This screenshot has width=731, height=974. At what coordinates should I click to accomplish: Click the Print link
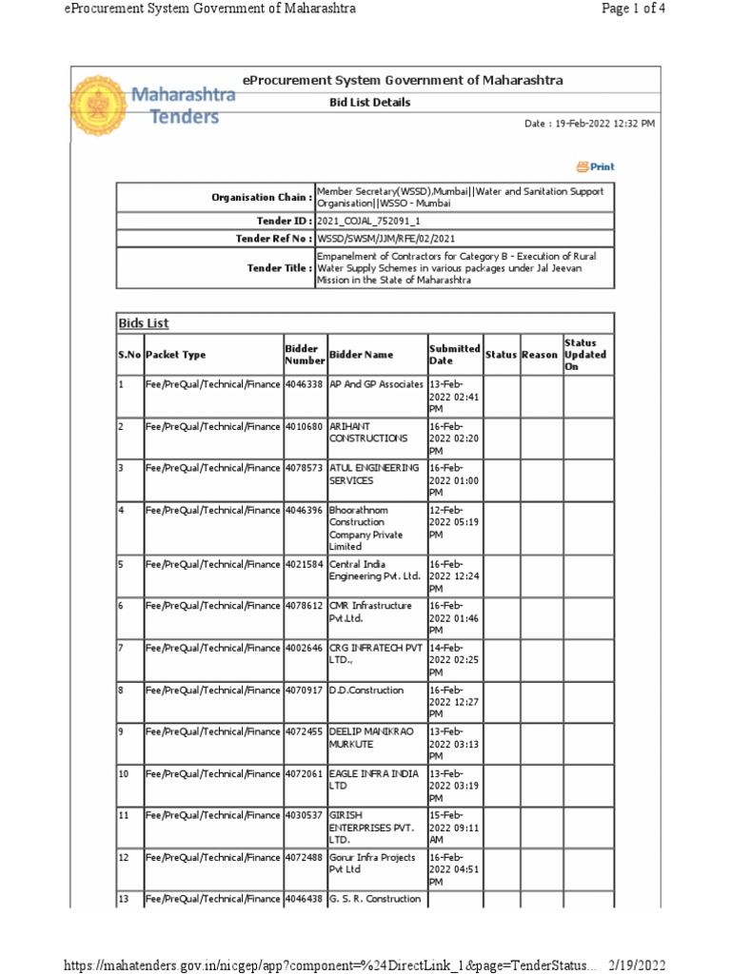tap(596, 166)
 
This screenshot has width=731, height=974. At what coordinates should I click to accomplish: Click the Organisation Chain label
tap(261, 197)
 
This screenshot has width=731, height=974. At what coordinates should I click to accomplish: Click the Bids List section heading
tap(144, 323)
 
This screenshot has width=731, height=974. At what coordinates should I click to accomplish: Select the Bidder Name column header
tap(361, 355)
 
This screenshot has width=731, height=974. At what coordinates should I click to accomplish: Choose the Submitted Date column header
tap(454, 355)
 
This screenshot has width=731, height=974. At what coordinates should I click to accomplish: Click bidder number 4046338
tap(305, 384)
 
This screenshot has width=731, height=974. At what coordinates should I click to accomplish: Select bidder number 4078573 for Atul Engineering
tap(305, 468)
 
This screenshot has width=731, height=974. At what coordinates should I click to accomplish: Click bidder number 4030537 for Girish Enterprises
tap(305, 816)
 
